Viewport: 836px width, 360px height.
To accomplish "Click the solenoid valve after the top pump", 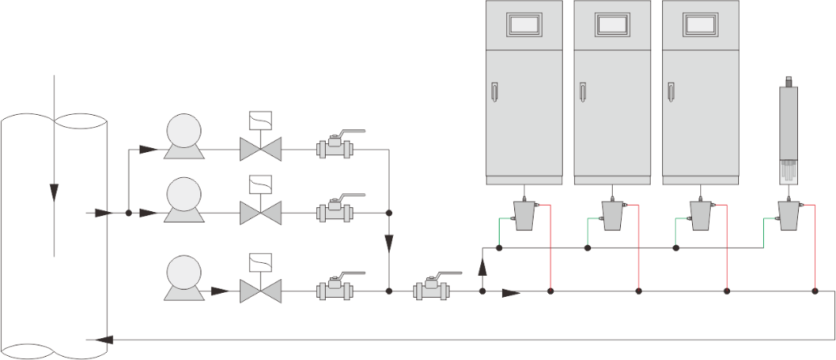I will tap(260, 149).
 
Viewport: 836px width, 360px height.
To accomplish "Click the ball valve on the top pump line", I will tap(334, 148).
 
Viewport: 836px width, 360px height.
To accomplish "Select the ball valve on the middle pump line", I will tap(334, 213).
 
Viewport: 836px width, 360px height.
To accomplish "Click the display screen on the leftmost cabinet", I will tap(524, 24).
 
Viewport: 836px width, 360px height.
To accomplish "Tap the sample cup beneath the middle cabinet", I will tap(613, 214).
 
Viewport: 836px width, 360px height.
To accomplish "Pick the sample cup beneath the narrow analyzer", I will tap(789, 214).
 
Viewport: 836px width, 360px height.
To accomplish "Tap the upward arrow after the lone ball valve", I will tap(483, 258).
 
